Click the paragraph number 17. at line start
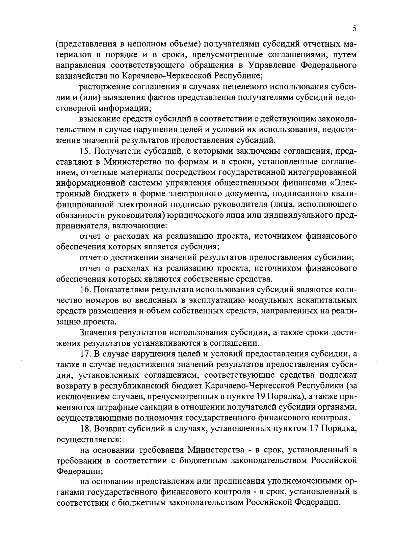(86, 354)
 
